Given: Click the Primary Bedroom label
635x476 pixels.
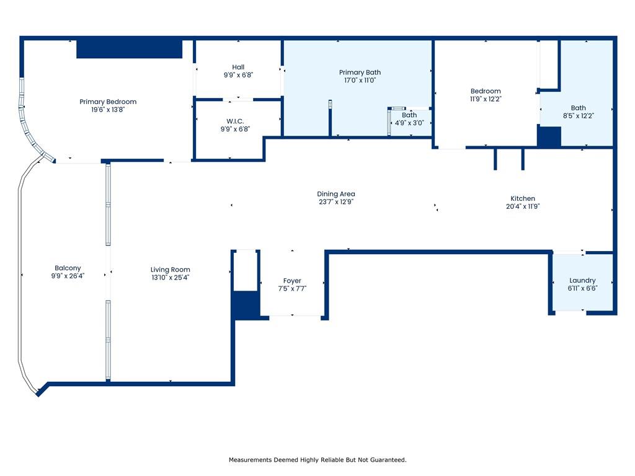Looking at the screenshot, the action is coord(108,102).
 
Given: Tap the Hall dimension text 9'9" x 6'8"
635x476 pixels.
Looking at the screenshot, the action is coord(238,75).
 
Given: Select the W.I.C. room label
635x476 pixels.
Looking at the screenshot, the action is coord(235,121).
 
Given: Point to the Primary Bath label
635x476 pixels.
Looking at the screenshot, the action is coord(360,73).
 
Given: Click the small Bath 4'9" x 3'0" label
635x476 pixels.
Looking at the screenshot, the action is coord(409,115).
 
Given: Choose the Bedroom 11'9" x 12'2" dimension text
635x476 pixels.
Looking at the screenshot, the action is coord(486,99).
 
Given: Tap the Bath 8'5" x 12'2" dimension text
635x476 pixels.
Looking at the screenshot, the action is coord(579,116).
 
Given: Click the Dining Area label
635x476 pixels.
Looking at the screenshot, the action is coord(335,194).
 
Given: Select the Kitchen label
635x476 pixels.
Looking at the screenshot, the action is coord(523,198).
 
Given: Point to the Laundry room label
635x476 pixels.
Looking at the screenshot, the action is coord(582,281).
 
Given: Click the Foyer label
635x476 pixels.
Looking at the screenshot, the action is coord(292,281).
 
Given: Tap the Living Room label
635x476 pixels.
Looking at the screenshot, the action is coord(170,270).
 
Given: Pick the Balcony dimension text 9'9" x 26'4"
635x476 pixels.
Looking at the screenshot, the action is coord(68,276).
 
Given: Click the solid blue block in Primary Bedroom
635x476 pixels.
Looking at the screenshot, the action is coord(130,49).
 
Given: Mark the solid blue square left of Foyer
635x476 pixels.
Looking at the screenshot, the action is coord(247,305).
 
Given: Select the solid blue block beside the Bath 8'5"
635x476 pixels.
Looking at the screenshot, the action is coord(549,136).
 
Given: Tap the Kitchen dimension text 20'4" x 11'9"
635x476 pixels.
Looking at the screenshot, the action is coord(523,206).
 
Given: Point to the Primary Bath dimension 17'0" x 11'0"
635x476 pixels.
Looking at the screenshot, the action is coord(360,80).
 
